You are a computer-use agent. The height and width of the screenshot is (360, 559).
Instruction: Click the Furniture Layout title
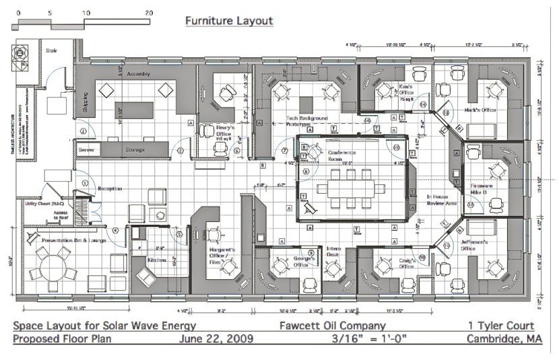[229, 21]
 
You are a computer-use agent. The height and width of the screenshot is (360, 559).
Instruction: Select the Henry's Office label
[224, 131]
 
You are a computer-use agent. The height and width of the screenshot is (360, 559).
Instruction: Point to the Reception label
[110, 189]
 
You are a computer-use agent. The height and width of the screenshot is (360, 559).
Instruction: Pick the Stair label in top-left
[51, 50]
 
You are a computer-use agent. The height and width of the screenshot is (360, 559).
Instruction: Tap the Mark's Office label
[480, 110]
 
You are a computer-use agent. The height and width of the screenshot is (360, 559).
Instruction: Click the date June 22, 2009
[216, 338]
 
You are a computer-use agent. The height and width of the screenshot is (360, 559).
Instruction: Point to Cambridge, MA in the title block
[505, 338]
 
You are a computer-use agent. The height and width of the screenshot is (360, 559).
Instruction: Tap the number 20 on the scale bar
[148, 13]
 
